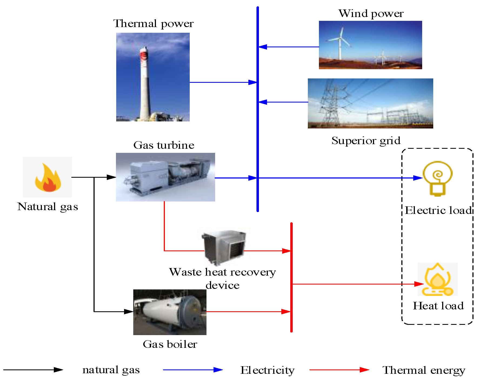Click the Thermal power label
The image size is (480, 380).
coord(153,24)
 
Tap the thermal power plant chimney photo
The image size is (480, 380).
coord(153,77)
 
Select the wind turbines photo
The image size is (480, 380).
coord(370,45)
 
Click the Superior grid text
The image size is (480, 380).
coord(366,141)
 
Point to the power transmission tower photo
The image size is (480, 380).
coord(370,103)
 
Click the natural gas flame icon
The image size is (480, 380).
coord(48,177)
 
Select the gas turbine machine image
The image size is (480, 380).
coord(165,177)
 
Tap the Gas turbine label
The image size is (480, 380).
coord(164,145)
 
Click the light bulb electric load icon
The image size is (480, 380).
coord(438,178)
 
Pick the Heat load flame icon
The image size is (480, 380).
coord(438,279)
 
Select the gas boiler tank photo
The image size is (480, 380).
coord(170,312)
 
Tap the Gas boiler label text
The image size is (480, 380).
coord(170,344)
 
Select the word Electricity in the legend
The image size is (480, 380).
coord(267,370)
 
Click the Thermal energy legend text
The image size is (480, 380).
coord(424,370)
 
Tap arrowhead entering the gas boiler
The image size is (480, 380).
coord(128,312)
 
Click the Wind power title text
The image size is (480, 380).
coord(371,14)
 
